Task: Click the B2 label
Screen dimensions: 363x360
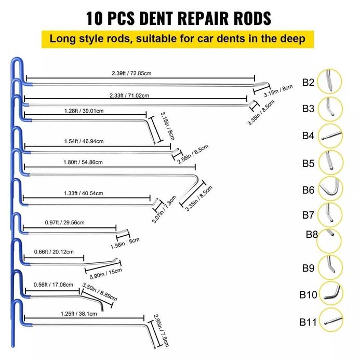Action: pyautogui.click(x=309, y=82)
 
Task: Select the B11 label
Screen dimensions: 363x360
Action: pyautogui.click(x=308, y=322)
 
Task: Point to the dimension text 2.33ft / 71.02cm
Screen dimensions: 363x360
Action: pyautogui.click(x=129, y=95)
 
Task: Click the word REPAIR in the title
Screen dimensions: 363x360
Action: pyautogui.click(x=192, y=18)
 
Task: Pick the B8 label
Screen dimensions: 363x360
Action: pyautogui.click(x=312, y=234)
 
